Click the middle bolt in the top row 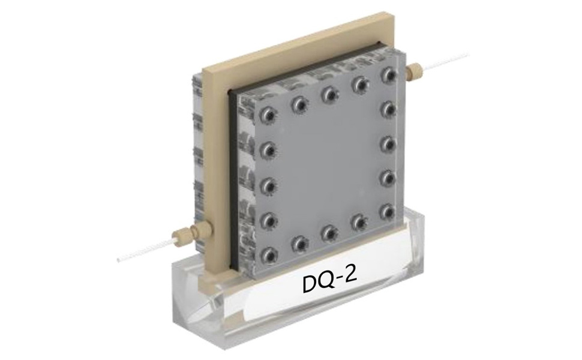pos(328,94)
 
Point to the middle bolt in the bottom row pos(329,232)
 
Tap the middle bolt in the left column pos(267,184)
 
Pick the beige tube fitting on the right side pos(413,73)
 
